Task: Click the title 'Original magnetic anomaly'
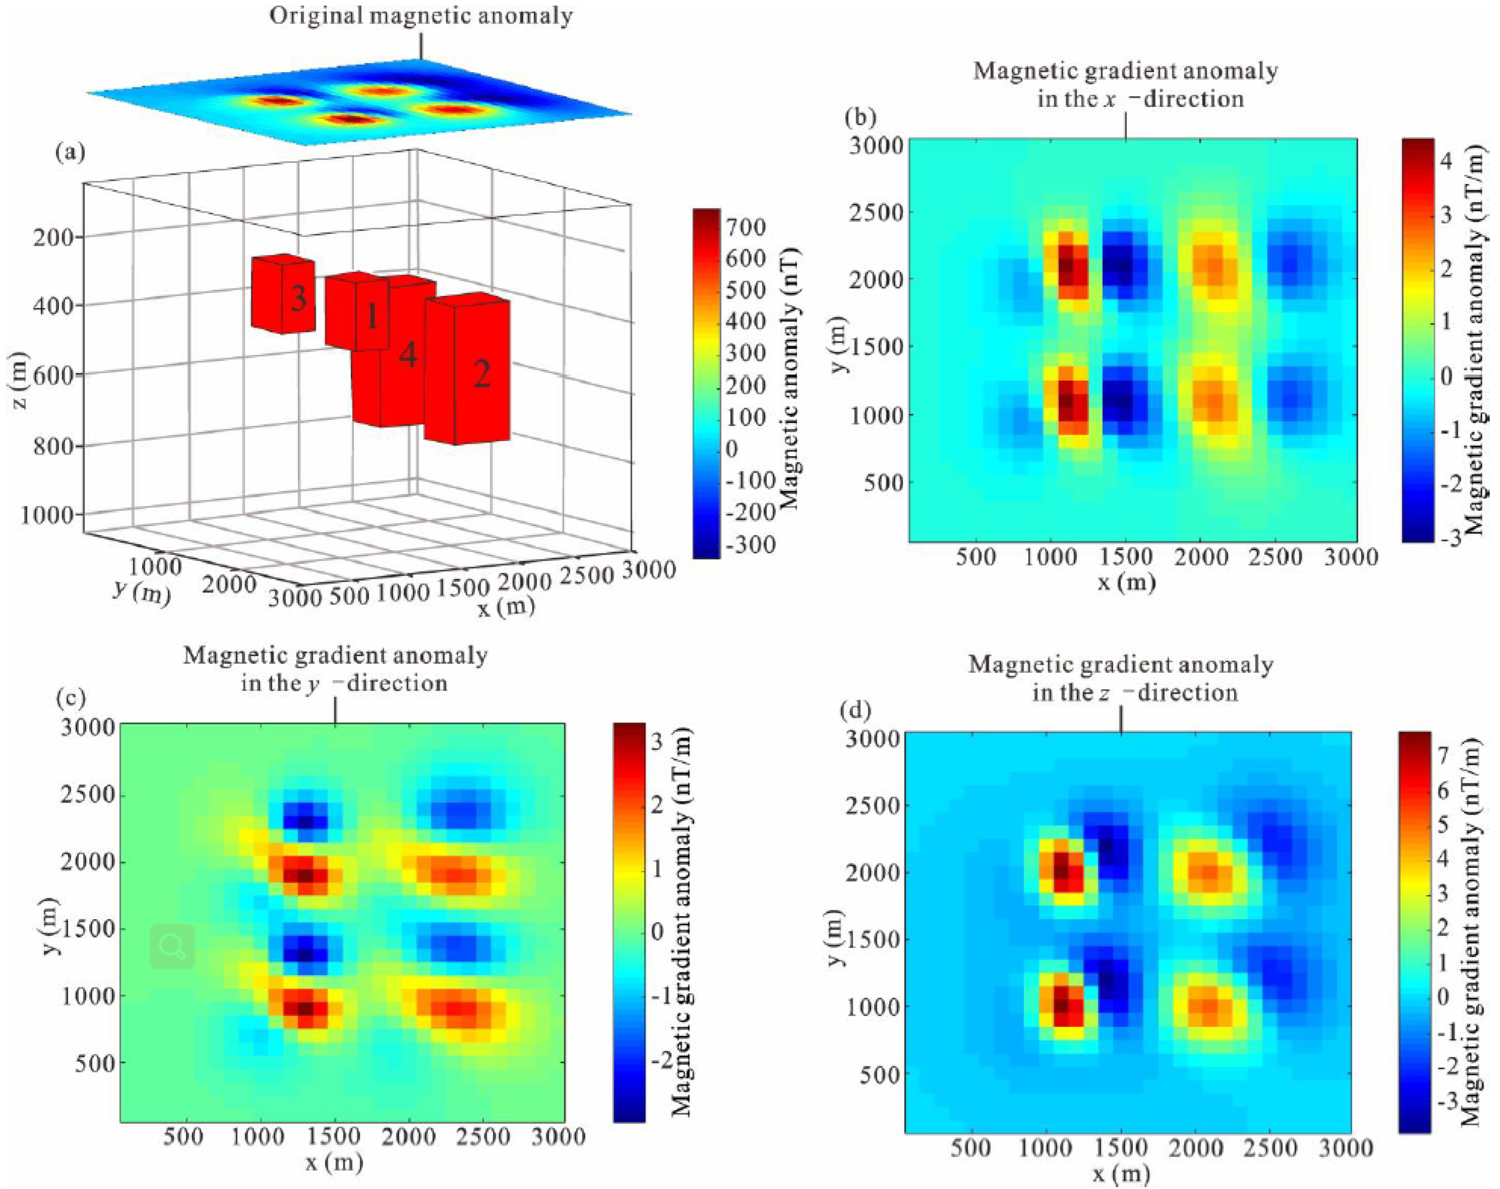[421, 15]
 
